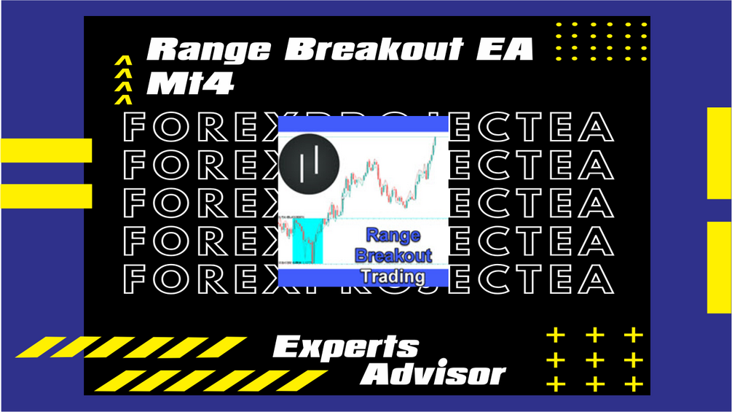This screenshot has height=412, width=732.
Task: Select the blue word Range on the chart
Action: tap(393, 236)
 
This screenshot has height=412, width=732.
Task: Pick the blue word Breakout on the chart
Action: tap(393, 256)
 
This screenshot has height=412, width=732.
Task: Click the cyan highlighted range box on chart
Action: tap(307, 240)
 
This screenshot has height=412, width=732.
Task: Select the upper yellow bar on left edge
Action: tap(46, 149)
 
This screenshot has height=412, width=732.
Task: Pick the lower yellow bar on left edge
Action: tap(46, 195)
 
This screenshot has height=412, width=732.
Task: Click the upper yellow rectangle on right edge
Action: tap(719, 152)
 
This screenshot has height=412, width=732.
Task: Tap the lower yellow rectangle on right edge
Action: tap(719, 267)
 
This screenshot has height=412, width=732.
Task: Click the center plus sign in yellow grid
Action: tap(595, 359)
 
